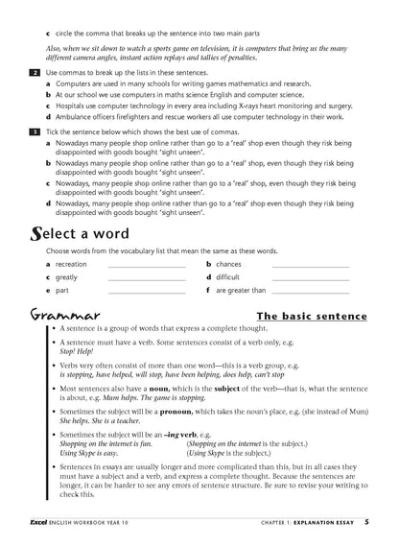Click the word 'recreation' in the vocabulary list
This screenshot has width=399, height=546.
71,263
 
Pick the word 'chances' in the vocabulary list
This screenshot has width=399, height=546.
228,263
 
